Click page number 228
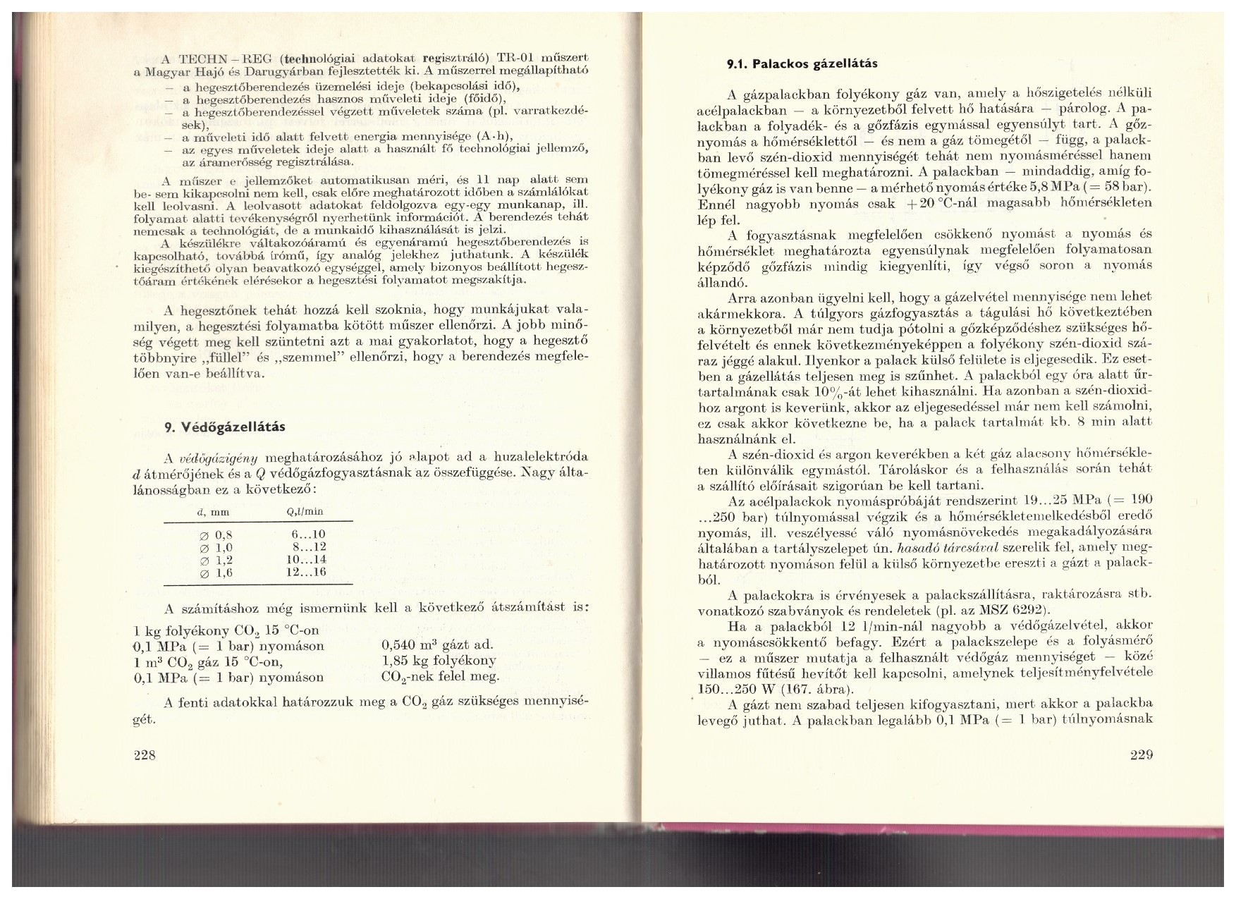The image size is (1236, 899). pos(144,755)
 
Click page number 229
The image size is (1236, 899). pos(1141,755)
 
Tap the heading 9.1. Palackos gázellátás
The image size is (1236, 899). pos(802,63)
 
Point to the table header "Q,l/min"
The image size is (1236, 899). pos(305,512)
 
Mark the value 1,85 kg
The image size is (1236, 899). pos(403,661)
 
